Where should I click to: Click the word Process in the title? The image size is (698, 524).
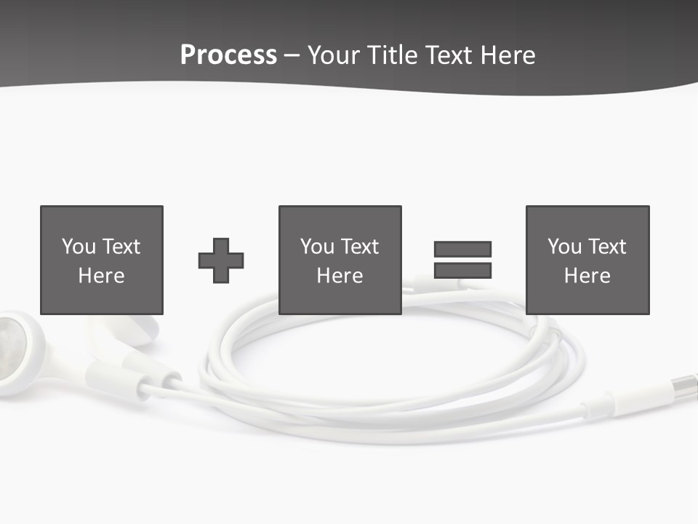[x=228, y=55]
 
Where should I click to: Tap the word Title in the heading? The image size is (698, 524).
[x=390, y=55]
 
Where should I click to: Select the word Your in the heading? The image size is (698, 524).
[x=334, y=55]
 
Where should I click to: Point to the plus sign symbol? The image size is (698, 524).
[x=221, y=261]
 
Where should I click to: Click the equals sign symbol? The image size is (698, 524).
[x=462, y=260]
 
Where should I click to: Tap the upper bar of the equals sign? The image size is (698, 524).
[x=462, y=249]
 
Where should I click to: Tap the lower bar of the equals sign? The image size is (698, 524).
[x=462, y=271]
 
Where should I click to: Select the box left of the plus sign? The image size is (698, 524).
[x=101, y=260]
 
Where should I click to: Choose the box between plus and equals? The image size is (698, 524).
[x=340, y=260]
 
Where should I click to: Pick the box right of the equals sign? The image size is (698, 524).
[x=587, y=260]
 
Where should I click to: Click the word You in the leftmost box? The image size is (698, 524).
[x=79, y=247]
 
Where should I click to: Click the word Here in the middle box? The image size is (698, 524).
[x=340, y=276]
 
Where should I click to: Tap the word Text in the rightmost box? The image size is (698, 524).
[x=607, y=247]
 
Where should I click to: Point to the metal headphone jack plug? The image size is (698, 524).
[x=685, y=384]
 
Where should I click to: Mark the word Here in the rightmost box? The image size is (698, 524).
[x=587, y=276]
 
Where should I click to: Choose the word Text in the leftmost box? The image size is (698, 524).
[x=121, y=247]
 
